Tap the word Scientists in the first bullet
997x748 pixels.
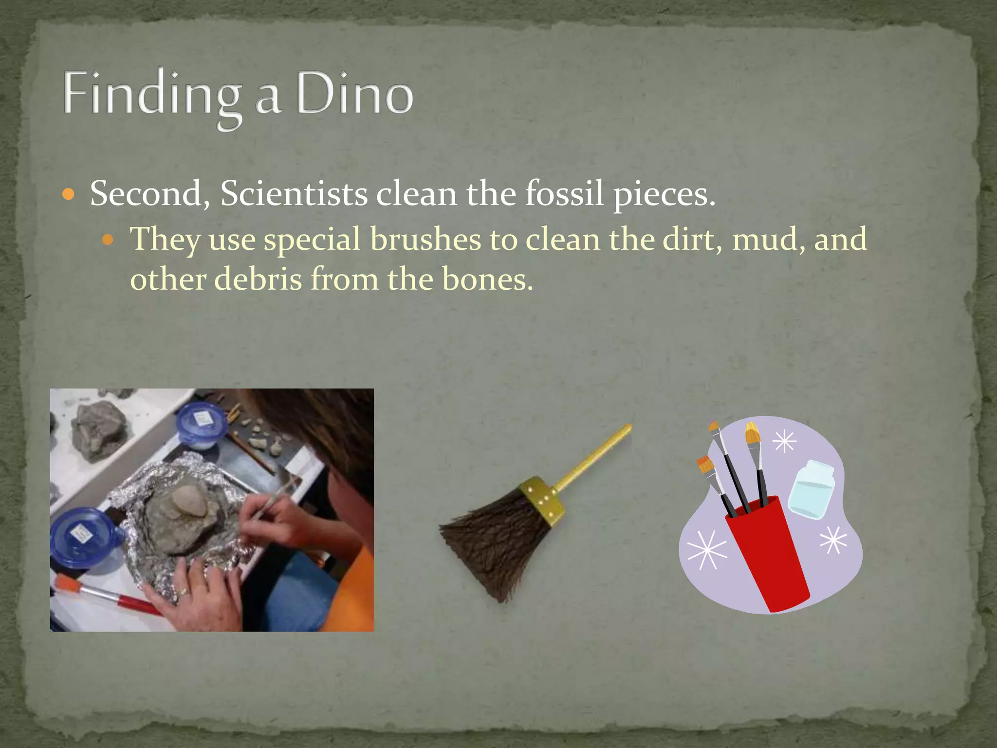(294, 194)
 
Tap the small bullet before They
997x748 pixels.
(108, 240)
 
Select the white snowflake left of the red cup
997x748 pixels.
(706, 549)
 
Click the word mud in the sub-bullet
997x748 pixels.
(763, 239)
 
